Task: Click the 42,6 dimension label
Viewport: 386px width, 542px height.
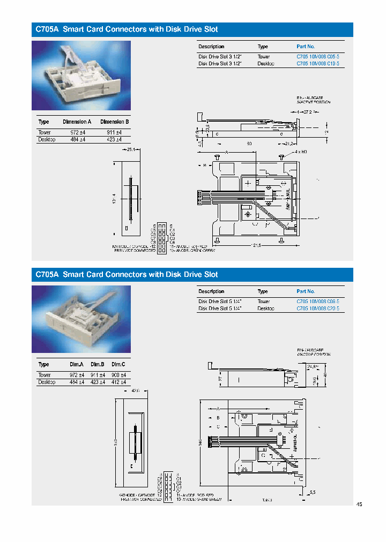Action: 134,391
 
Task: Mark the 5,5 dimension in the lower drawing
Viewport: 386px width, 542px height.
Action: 312,492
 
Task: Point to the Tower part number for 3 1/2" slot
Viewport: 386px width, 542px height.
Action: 318,56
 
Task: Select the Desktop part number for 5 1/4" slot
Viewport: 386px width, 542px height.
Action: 318,308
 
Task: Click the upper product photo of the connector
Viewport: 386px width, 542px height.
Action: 81,76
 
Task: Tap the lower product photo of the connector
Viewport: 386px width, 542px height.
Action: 81,319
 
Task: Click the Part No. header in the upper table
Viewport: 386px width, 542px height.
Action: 306,47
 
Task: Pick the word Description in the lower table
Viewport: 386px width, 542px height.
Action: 211,291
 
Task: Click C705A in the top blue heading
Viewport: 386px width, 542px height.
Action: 47,29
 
